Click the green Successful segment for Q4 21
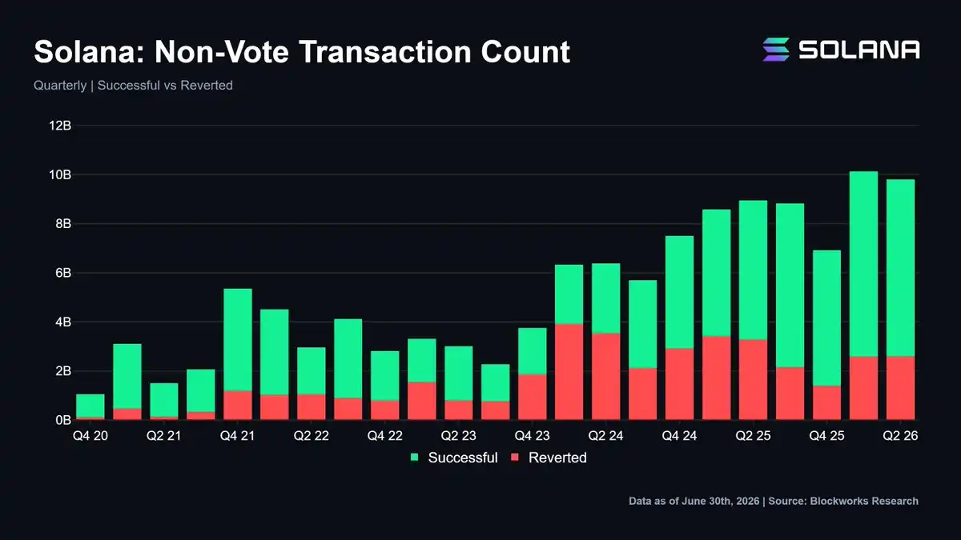coord(238,340)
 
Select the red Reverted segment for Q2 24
coord(605,376)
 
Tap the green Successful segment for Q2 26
coord(900,268)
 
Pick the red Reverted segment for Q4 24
coord(680,384)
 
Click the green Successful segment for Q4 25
coord(826,318)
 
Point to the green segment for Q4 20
coord(90,406)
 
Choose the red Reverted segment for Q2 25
coord(754,380)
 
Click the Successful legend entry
coord(454,458)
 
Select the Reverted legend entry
coord(549,458)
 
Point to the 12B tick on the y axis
coord(60,126)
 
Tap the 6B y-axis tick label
coord(63,273)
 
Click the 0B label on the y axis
coord(63,420)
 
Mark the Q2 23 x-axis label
coord(459,436)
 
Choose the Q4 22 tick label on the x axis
coord(385,436)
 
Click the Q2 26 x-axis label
coord(900,436)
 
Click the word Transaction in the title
coord(385,52)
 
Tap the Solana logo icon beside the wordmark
coord(776,50)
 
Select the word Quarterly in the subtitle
coord(60,86)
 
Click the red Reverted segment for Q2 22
coord(312,407)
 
